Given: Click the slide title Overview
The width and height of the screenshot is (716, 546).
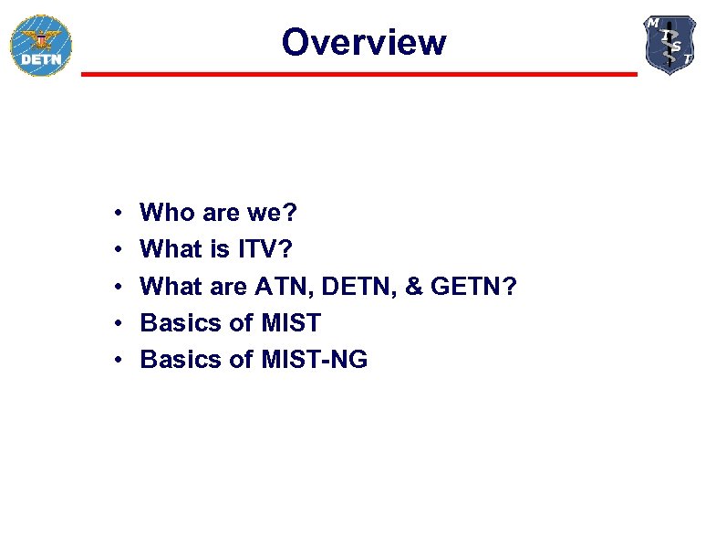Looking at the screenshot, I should click(364, 42).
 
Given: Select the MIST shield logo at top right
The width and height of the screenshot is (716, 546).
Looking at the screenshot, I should click(670, 45).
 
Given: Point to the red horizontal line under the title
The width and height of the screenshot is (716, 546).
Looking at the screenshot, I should click(359, 74).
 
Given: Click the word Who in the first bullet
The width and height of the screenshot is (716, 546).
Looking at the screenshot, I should click(167, 213).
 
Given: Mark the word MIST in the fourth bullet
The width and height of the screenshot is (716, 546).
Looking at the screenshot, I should click(291, 322).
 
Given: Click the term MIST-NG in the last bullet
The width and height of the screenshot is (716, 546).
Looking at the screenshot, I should click(315, 359).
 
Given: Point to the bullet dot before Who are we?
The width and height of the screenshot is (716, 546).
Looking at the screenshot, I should click(120, 214).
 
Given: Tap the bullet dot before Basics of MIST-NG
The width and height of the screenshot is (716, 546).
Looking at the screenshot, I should click(120, 360).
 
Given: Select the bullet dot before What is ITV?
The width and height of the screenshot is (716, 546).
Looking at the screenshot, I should click(120, 250).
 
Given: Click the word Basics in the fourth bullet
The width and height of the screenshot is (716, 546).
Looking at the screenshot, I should click(181, 322).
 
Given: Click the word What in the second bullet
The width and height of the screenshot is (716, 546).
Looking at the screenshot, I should click(171, 249).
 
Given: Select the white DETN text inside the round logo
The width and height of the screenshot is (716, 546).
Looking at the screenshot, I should click(40, 60).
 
